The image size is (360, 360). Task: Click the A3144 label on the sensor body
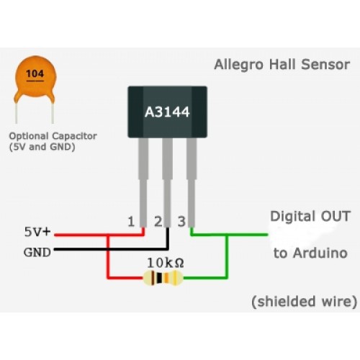(x=166, y=111)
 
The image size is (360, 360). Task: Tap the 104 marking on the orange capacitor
(x=34, y=73)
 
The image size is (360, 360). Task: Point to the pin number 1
(x=131, y=221)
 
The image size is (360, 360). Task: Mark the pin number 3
(x=181, y=221)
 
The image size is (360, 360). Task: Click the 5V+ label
(x=38, y=233)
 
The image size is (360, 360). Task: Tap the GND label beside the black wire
(x=37, y=252)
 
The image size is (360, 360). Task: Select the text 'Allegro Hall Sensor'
(x=282, y=65)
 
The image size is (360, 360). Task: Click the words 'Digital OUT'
(x=310, y=216)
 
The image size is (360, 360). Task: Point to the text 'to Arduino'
(x=310, y=253)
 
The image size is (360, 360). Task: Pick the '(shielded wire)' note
(x=303, y=300)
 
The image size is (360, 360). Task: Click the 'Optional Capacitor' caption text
(x=53, y=136)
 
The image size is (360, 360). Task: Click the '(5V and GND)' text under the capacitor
(x=42, y=147)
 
